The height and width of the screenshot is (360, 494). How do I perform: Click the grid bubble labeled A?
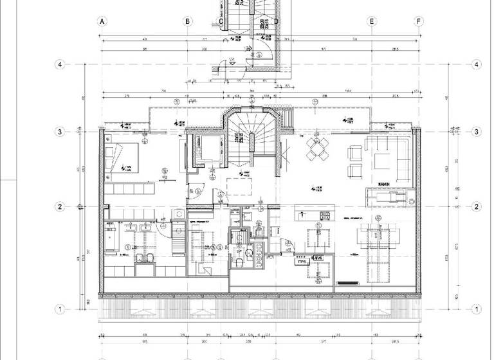pyautogui.click(x=101, y=21)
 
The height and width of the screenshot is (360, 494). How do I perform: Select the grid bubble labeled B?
pyautogui.click(x=187, y=21)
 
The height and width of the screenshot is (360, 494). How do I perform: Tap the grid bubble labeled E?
pyautogui.click(x=372, y=21)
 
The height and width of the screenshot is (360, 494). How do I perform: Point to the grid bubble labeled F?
pyautogui.click(x=419, y=21)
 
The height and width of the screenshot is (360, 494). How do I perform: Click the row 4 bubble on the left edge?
pyautogui.click(x=59, y=64)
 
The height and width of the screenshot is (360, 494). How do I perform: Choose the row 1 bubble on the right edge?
pyautogui.click(x=476, y=309)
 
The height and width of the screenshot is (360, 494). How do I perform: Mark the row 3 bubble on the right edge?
pyautogui.click(x=476, y=132)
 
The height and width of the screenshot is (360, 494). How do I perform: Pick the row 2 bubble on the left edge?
pyautogui.click(x=59, y=206)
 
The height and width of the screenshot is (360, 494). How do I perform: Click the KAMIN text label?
pyautogui.click(x=386, y=183)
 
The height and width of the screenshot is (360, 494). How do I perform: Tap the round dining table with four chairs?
pyautogui.click(x=316, y=148)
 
